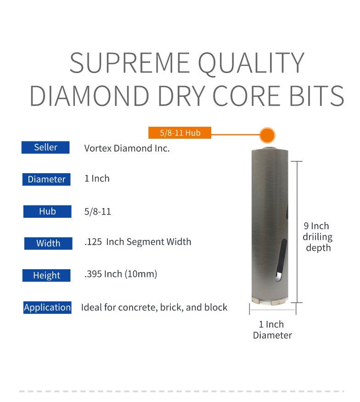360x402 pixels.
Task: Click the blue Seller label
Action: pyautogui.click(x=45, y=147)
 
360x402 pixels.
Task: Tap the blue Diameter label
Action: pyautogui.click(x=46, y=179)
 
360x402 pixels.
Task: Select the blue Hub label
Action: pyautogui.click(x=47, y=211)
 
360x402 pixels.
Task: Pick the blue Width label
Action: pyautogui.click(x=48, y=243)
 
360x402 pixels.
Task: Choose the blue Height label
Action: pyautogui.click(x=46, y=275)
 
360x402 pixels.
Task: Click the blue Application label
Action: pyautogui.click(x=47, y=307)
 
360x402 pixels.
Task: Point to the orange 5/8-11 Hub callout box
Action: pyautogui.click(x=180, y=133)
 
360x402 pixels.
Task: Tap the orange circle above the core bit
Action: pyautogui.click(x=267, y=135)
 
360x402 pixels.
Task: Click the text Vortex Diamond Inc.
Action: pyautogui.click(x=127, y=148)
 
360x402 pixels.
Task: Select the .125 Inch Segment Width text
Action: pyautogui.click(x=138, y=242)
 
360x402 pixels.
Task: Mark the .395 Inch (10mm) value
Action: pyautogui.click(x=121, y=274)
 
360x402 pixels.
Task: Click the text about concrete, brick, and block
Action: pyautogui.click(x=154, y=307)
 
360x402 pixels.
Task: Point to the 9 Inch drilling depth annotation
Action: pyautogui.click(x=317, y=237)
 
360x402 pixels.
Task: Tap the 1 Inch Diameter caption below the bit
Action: pyautogui.click(x=272, y=330)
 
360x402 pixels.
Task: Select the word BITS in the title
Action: pyautogui.click(x=317, y=96)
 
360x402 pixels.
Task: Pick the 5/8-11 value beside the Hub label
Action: pyautogui.click(x=98, y=212)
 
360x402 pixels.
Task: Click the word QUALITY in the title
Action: pyautogui.click(x=251, y=63)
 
